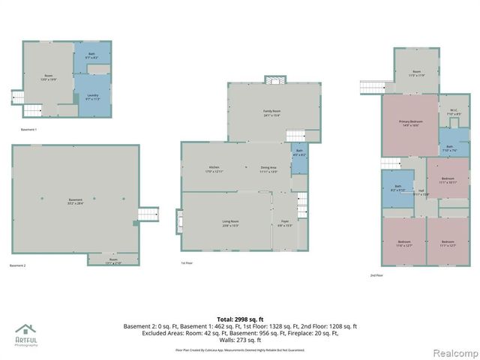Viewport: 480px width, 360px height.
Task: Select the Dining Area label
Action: (268, 168)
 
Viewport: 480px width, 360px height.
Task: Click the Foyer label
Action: (285, 223)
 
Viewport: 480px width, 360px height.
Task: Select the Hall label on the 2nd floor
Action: (421, 191)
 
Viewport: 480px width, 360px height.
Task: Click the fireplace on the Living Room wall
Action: (178, 221)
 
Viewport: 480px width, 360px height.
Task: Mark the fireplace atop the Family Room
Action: (275, 80)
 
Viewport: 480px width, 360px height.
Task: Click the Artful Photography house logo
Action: (25, 332)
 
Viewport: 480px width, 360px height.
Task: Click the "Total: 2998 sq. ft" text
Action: (240, 319)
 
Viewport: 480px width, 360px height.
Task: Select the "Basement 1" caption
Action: (28, 130)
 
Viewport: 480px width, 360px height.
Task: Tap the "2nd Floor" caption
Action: (377, 276)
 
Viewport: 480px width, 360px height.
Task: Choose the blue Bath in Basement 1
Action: (91, 55)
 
